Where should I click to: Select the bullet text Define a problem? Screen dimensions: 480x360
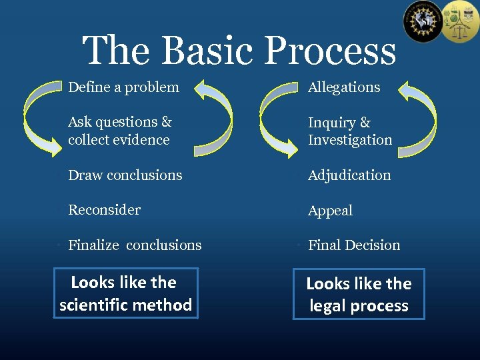coord(123,87)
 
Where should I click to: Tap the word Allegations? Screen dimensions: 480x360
coord(344,87)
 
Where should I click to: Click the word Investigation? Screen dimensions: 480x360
coord(350,140)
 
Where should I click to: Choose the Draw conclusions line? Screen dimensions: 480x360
coord(125,175)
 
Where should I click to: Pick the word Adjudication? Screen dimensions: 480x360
coord(349,175)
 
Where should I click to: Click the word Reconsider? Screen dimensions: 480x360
coord(104,210)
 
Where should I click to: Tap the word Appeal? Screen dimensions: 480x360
coord(330,211)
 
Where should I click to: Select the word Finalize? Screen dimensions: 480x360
coord(93,245)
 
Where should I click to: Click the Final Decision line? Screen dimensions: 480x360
coord(354,245)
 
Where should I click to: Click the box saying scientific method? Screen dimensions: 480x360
coord(126,293)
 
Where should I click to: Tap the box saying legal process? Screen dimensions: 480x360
coord(359,294)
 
